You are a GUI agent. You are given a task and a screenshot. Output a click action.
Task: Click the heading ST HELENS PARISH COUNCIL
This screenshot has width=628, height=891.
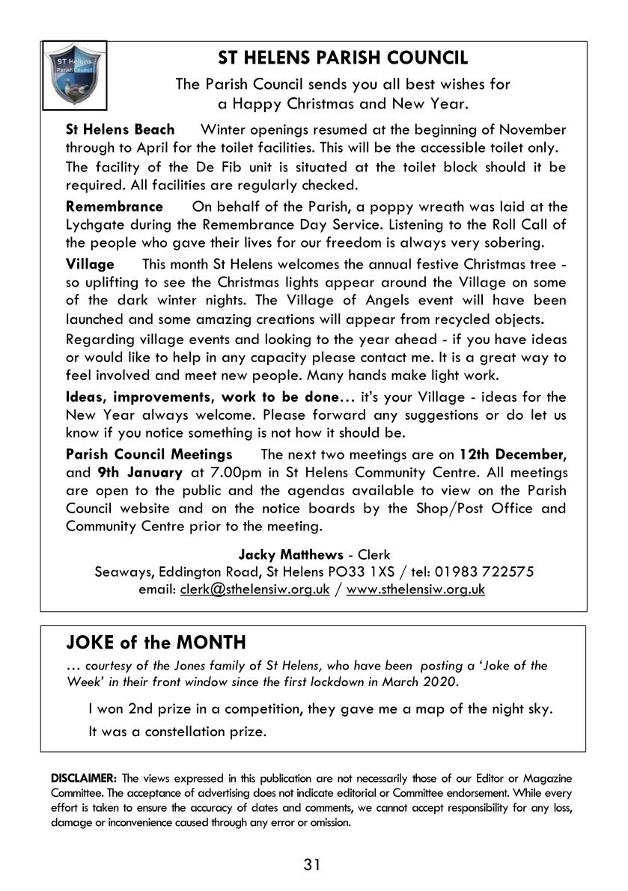click(343, 58)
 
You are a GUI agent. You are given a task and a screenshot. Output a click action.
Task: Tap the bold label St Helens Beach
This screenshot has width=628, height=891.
click(120, 129)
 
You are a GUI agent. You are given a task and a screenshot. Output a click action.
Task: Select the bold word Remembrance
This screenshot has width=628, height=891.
click(114, 206)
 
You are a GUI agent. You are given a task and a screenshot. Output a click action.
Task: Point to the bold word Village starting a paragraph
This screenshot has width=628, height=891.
click(90, 264)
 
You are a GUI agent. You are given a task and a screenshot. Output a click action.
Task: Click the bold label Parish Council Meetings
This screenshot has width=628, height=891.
click(149, 454)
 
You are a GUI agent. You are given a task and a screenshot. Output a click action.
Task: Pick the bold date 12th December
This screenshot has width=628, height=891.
click(513, 454)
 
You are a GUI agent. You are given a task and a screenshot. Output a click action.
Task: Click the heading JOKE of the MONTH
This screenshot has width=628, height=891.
click(156, 643)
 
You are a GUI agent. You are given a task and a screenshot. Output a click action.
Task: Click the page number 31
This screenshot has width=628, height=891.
click(313, 866)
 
